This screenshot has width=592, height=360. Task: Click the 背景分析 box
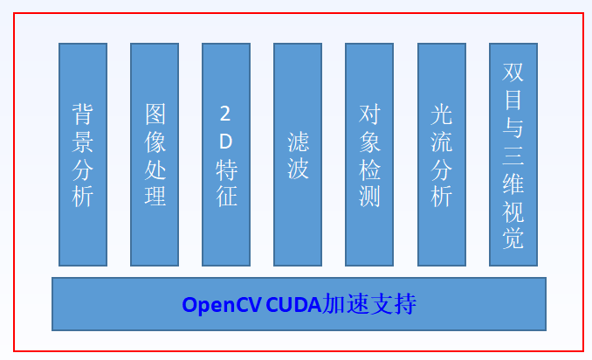pyautogui.click(x=83, y=155)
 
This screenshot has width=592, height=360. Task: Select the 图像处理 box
pyautogui.click(x=155, y=155)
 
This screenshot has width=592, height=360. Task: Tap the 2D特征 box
pyautogui.click(x=226, y=155)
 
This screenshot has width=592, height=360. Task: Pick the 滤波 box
pyautogui.click(x=298, y=155)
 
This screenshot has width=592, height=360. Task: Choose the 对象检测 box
pyautogui.click(x=369, y=155)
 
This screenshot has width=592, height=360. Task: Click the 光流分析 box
pyautogui.click(x=442, y=155)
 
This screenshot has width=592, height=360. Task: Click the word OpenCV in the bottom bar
pyautogui.click(x=220, y=305)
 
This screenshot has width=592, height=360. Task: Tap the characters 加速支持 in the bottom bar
pyautogui.click(x=368, y=305)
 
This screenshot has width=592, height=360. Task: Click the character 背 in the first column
pyautogui.click(x=83, y=114)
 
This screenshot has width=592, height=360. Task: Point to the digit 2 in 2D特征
pyautogui.click(x=226, y=114)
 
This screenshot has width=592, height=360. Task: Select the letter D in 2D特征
pyautogui.click(x=226, y=141)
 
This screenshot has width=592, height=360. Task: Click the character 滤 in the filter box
pyautogui.click(x=298, y=141)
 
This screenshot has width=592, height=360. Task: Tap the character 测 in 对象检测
pyautogui.click(x=369, y=196)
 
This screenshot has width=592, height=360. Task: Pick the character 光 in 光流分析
pyautogui.click(x=442, y=114)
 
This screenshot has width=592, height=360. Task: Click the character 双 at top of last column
pyautogui.click(x=513, y=73)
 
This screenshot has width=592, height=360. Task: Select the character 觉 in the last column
pyautogui.click(x=513, y=237)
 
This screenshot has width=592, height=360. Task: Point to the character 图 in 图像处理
pyautogui.click(x=155, y=114)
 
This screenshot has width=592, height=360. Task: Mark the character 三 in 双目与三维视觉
pyautogui.click(x=513, y=155)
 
